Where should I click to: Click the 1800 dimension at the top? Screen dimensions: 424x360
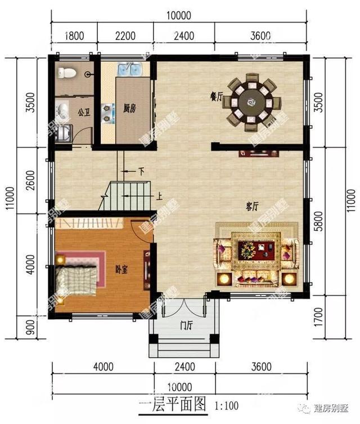(x=74, y=36)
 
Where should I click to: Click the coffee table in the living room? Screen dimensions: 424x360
(x=255, y=249)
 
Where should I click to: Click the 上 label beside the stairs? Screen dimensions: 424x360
(x=160, y=197)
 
